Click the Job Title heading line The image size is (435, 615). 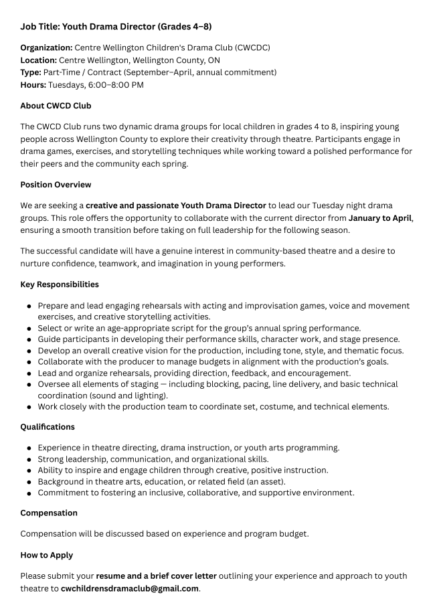pos(116,26)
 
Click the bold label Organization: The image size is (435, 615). pos(46,48)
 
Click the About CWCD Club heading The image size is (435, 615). pos(56,106)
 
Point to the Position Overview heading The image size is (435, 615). pos(56,184)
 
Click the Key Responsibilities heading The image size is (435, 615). pos(60,284)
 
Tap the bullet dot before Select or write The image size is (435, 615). pos(29,329)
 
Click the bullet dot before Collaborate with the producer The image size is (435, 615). pos(29,362)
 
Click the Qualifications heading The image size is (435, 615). pos(48,426)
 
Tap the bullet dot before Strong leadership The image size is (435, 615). pos(29,459)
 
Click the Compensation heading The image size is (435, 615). pos(49,513)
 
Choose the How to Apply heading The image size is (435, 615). pos(47,555)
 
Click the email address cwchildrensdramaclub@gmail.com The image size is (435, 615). pos(130,588)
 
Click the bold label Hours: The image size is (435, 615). pos(33,84)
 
